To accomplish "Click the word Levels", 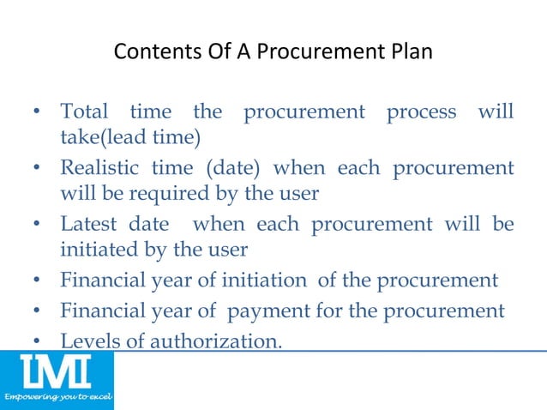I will [x=86, y=341].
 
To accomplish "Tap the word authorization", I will [x=216, y=341].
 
